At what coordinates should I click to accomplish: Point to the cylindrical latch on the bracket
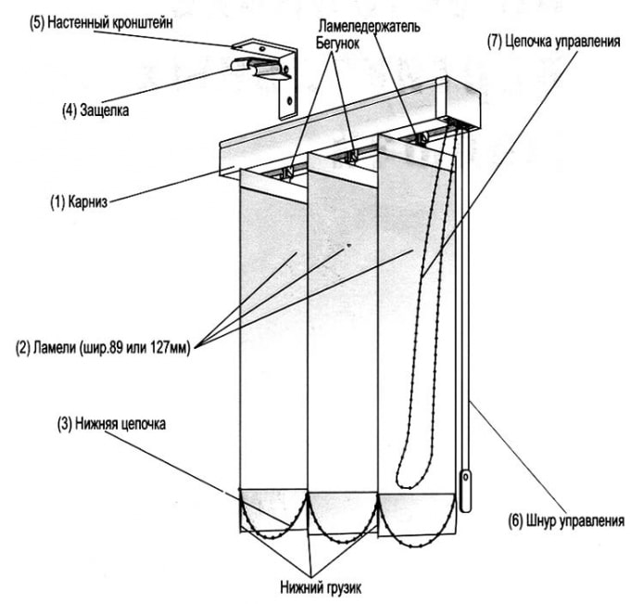pyautogui.click(x=250, y=66)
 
